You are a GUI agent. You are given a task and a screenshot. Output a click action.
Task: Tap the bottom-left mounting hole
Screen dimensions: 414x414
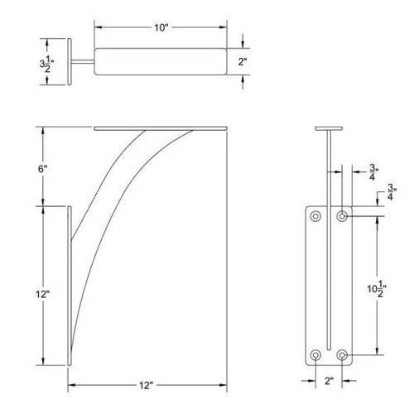315,356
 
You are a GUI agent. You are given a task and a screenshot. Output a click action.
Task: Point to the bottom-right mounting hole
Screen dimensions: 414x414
342,356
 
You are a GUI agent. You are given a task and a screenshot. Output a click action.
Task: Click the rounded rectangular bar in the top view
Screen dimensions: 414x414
161,61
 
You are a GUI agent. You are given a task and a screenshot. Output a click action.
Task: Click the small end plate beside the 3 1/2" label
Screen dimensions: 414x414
73,60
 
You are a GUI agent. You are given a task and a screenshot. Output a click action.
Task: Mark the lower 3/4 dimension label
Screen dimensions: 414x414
390,195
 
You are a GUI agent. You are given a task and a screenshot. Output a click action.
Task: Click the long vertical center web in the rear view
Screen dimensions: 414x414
330,248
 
